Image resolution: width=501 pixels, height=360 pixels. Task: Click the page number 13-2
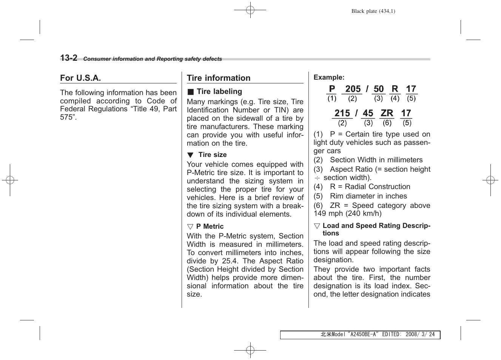click(69, 58)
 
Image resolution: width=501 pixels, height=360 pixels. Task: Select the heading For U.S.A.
click(80, 78)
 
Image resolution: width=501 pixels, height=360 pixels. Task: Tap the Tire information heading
click(219, 78)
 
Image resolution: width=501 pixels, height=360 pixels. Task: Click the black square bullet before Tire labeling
click(191, 92)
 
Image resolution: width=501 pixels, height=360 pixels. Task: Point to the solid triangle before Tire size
click(190, 155)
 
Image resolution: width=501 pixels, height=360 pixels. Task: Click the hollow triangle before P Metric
click(190, 227)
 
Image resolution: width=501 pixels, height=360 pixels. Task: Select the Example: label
click(329, 77)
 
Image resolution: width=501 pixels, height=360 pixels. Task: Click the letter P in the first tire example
click(332, 89)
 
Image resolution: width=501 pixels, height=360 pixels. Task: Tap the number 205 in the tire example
click(353, 89)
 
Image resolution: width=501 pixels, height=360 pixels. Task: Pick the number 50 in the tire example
click(378, 89)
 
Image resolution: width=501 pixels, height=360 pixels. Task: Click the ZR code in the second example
click(387, 113)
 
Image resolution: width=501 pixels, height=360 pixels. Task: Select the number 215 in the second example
click(342, 113)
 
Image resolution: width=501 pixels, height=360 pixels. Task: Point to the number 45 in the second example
click(368, 113)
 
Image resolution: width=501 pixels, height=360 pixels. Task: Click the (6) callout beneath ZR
click(387, 123)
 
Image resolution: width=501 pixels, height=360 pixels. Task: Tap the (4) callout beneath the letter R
click(395, 98)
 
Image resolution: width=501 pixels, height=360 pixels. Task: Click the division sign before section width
click(317, 178)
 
